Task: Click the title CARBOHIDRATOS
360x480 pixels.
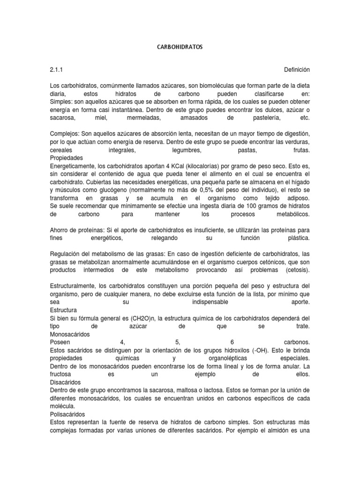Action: pos(180,47)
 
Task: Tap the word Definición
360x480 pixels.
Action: pos(297,69)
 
